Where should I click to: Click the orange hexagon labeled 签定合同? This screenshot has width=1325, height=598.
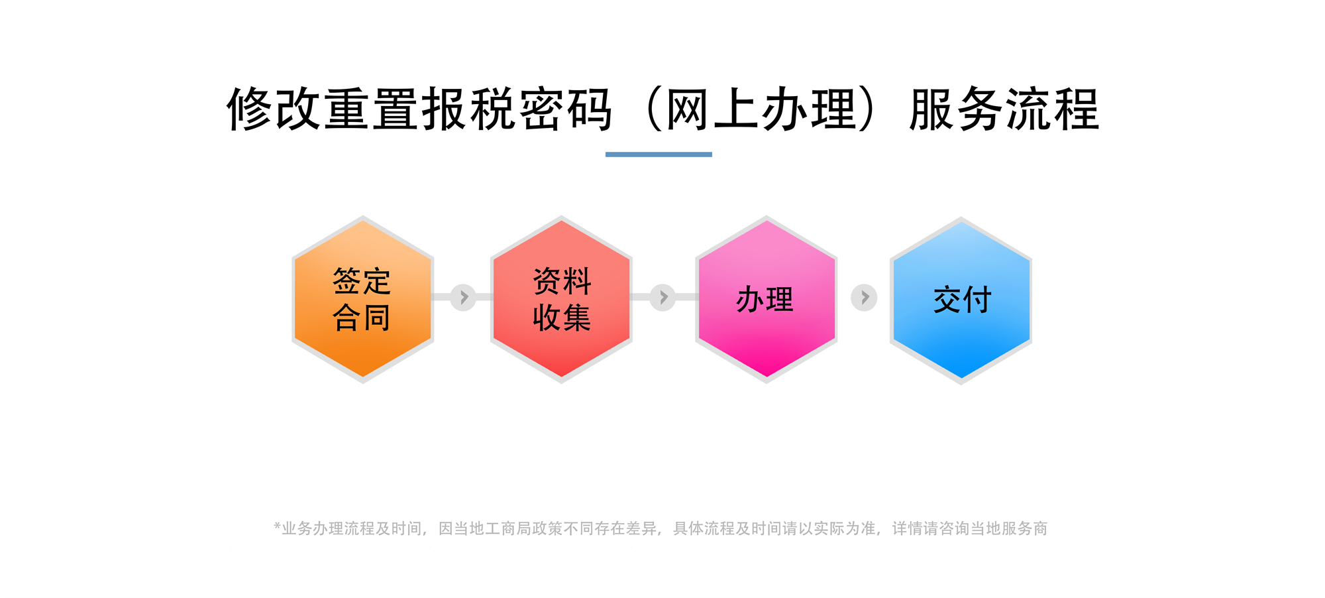tap(363, 300)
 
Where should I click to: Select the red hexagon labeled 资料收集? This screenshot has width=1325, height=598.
tap(561, 300)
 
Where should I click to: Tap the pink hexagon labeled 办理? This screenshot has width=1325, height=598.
tap(767, 300)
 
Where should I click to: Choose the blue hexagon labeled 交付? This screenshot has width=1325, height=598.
tap(961, 300)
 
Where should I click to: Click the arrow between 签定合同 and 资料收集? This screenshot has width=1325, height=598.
tap(463, 298)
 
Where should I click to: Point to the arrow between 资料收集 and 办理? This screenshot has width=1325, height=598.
tap(662, 298)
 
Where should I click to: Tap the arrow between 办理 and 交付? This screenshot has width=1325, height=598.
tap(864, 298)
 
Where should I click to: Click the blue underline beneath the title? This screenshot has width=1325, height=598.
tap(659, 154)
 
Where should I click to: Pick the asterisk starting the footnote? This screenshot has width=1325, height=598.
tap(278, 526)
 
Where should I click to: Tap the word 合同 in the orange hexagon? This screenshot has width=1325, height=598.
tap(362, 318)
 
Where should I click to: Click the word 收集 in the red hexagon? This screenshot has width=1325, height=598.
tap(562, 318)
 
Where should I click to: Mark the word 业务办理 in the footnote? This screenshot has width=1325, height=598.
tap(313, 528)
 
